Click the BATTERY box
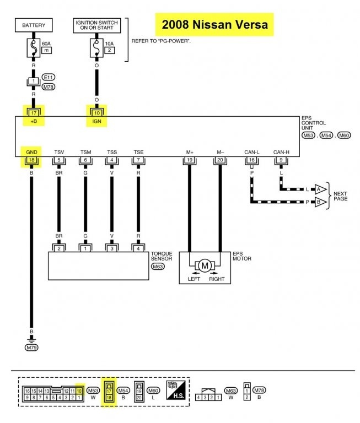click(x=34, y=25)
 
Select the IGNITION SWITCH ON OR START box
click(x=97, y=25)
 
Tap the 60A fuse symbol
click(x=34, y=48)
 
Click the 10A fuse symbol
click(x=96, y=48)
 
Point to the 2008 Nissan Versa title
click(x=214, y=25)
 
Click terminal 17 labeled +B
click(x=34, y=113)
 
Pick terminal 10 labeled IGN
click(x=97, y=113)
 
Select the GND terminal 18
click(x=31, y=160)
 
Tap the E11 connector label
click(x=49, y=78)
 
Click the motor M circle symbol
click(x=205, y=265)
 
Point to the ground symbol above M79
click(x=31, y=339)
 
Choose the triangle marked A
click(x=320, y=189)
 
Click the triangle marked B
click(x=320, y=202)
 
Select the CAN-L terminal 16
click(x=252, y=160)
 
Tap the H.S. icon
click(x=176, y=390)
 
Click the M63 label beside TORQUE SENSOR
click(x=158, y=267)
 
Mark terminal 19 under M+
click(x=190, y=160)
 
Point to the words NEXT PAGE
click(x=340, y=196)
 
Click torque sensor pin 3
click(x=112, y=248)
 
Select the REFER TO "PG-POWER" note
click(x=161, y=41)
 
